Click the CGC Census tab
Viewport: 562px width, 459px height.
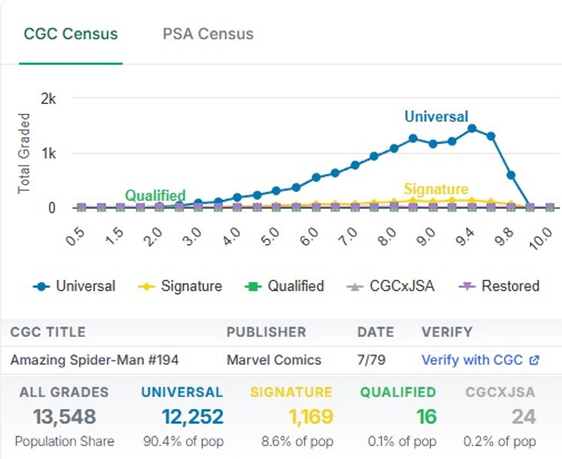tap(71, 34)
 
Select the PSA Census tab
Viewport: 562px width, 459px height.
tap(208, 34)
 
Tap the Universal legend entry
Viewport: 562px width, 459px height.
tap(74, 286)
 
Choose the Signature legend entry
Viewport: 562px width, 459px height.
tap(180, 286)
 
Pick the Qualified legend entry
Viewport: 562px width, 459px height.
tap(285, 286)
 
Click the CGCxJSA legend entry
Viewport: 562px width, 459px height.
tap(390, 286)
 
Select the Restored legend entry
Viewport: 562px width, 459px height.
tap(499, 286)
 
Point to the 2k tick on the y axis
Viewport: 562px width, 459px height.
tap(48, 98)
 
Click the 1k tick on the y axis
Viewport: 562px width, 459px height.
tap(49, 153)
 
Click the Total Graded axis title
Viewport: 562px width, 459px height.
tap(24, 153)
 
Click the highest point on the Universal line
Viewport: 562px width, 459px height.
tap(472, 128)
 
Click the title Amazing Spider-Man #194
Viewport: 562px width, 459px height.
tap(94, 360)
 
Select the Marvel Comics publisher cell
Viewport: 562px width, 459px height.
tap(274, 360)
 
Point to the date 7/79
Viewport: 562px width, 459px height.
tap(371, 360)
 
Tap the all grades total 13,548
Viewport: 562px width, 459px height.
tap(65, 417)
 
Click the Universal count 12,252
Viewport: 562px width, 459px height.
tap(192, 417)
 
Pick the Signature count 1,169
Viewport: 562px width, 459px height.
tap(311, 417)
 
